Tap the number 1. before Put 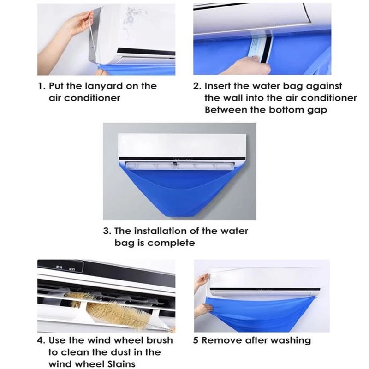[x=42, y=86]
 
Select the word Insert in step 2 [x=217, y=86]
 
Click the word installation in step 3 [x=161, y=231]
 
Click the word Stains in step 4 [x=121, y=364]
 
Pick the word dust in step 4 [x=121, y=352]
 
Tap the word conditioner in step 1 [x=92, y=98]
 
